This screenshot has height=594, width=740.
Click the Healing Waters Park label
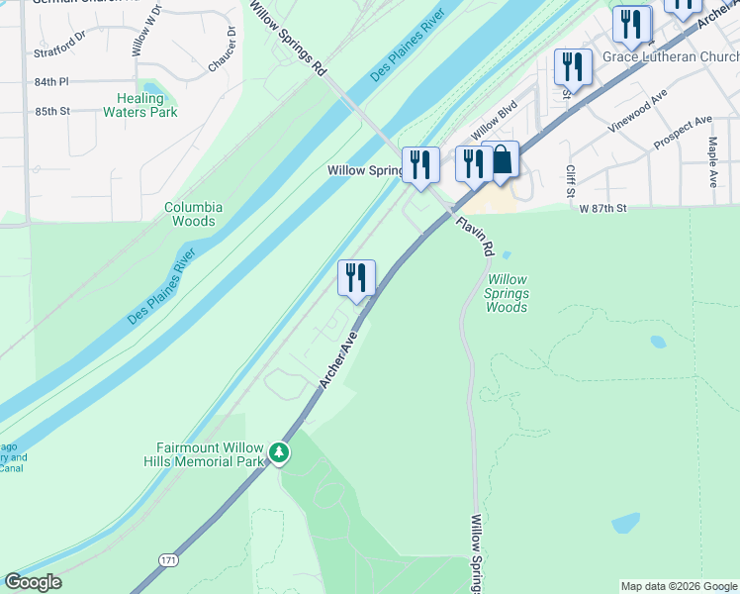[140, 105]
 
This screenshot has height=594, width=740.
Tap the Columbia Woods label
[194, 214]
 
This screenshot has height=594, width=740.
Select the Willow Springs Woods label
[508, 294]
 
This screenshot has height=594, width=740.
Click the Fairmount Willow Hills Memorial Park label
[211, 454]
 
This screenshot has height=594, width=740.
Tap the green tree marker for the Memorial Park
[280, 453]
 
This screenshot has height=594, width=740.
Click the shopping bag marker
[502, 160]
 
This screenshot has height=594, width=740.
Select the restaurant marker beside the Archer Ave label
[356, 277]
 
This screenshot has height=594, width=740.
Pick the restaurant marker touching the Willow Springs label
[420, 165]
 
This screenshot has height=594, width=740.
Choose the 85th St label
[80, 111]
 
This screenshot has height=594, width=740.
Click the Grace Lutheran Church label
[670, 56]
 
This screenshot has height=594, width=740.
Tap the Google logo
[33, 582]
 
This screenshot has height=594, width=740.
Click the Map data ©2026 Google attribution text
[680, 586]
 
